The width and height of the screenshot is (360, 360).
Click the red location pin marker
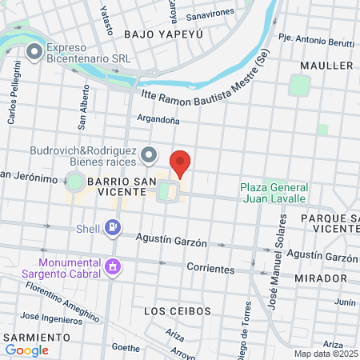[181, 162]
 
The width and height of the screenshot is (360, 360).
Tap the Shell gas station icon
[114, 229]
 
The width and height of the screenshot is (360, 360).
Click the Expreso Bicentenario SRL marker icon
[34, 53]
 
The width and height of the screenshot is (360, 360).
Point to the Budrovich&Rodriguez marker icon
[148, 154]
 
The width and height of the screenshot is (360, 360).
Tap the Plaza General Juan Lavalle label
[273, 193]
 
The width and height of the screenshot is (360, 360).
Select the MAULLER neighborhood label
[326, 65]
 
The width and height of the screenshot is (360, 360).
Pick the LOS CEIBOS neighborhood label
[177, 310]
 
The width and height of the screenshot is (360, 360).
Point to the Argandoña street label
[158, 120]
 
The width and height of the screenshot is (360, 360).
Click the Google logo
[27, 350]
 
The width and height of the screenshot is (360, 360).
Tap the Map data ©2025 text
[326, 354]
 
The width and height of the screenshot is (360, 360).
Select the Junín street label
[345, 302]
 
